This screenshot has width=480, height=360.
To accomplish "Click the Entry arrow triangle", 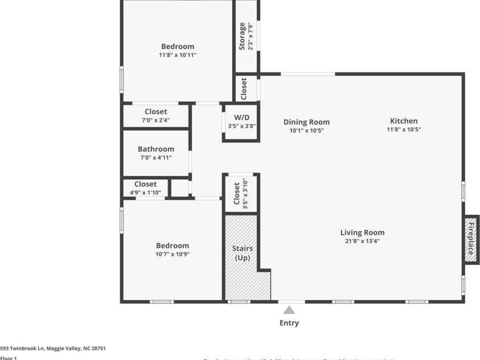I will click(289, 310).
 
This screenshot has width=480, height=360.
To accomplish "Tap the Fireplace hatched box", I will click(471, 239).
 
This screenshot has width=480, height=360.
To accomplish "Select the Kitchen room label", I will click(404, 121).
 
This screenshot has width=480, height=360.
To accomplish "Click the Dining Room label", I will click(306, 122).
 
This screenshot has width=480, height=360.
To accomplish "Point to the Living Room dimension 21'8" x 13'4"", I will click(362, 241).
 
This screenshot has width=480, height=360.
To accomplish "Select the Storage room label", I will click(243, 36).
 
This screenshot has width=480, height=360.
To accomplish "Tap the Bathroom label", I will click(156, 149).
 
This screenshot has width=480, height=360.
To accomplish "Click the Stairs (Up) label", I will click(243, 253).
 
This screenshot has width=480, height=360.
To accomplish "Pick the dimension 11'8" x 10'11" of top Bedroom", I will click(178, 55).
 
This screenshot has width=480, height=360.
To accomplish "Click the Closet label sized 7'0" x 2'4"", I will click(155, 112).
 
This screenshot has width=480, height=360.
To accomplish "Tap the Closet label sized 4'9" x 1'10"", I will click(145, 184).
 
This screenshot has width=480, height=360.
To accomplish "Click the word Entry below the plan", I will click(289, 323).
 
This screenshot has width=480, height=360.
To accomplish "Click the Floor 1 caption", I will click(9, 358).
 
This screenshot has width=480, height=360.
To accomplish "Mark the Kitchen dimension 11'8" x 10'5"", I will click(404, 130).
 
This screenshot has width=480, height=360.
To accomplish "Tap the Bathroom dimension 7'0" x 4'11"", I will click(156, 158).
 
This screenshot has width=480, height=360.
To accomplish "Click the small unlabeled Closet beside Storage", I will click(244, 88).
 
